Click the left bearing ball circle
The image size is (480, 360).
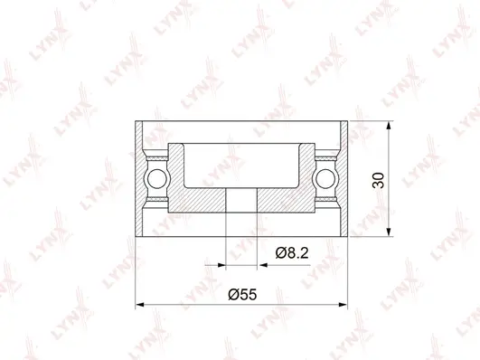pyautogui.click(x=156, y=177)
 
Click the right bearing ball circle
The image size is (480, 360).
pyautogui.click(x=325, y=177)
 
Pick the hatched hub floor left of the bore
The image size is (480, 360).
pyautogui.click(x=203, y=201)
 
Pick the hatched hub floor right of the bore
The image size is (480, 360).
pyautogui.click(x=278, y=201)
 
